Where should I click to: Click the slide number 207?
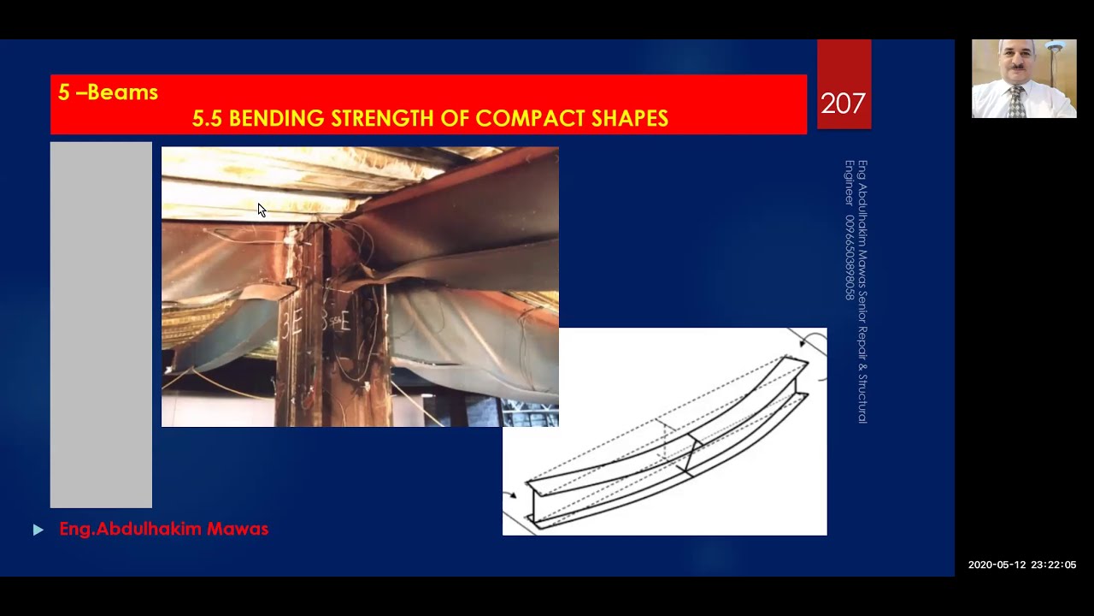coord(843,104)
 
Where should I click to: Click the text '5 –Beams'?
coord(108,92)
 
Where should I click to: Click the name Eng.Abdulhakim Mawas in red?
coord(163,529)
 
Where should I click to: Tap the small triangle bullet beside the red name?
coord(38,530)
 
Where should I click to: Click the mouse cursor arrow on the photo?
coord(262,210)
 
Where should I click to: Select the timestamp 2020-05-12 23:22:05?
coord(1021,565)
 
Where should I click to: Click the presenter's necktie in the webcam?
coord(1016,101)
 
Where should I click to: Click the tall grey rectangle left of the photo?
coord(101,325)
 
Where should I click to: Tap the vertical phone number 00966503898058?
coord(850,257)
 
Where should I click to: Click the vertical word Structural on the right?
coord(862,398)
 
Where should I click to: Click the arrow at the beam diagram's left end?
coord(510,495)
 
